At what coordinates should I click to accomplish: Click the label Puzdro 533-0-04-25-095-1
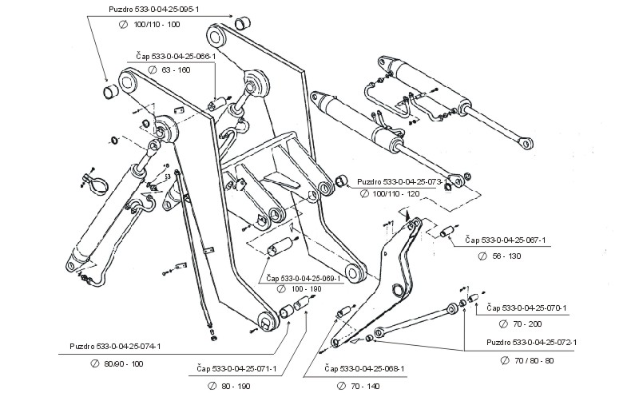(154, 10)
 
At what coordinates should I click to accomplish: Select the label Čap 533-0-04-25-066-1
(176, 57)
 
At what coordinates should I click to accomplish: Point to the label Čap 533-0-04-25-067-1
(510, 240)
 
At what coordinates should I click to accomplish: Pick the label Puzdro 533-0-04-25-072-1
(531, 343)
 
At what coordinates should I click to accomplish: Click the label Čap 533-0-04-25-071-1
(237, 369)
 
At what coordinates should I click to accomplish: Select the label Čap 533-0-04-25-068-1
(366, 369)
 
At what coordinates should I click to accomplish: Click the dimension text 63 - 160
(176, 70)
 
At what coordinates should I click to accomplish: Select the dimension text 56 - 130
(509, 255)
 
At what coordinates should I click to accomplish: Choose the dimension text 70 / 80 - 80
(531, 360)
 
